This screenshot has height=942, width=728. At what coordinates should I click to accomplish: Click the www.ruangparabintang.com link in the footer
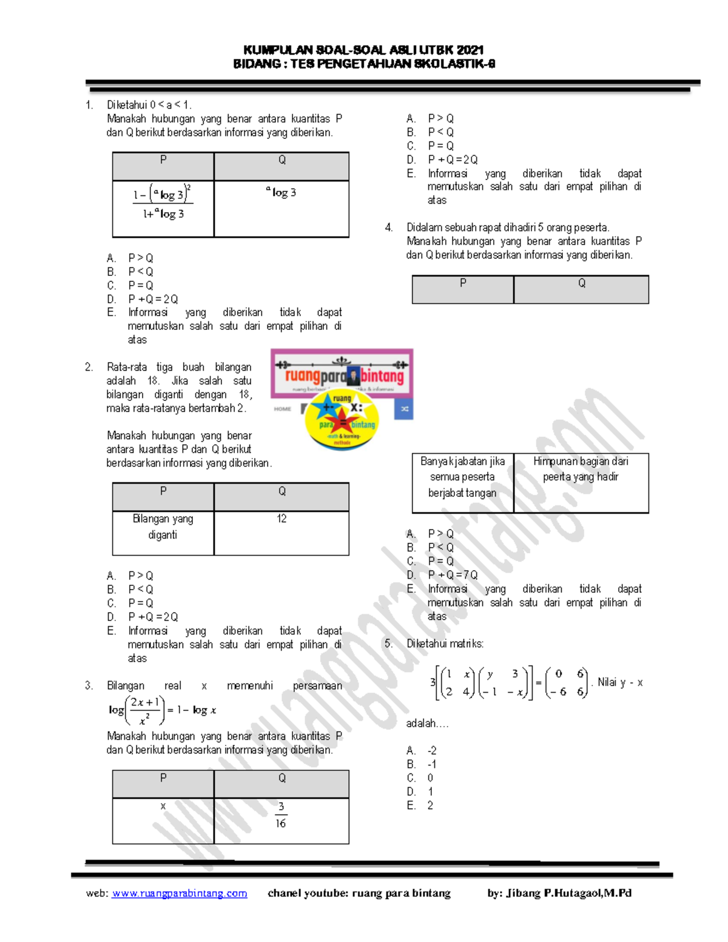click(x=179, y=893)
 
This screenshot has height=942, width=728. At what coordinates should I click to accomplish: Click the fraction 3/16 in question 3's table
click(x=281, y=815)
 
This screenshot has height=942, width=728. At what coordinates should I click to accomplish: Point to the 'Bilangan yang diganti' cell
click(x=163, y=527)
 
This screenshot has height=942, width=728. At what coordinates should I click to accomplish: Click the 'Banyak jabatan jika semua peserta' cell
click(x=462, y=477)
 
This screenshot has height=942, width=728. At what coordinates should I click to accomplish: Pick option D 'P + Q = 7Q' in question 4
click(x=453, y=575)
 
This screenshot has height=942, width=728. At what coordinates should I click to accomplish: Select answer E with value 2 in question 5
click(x=430, y=806)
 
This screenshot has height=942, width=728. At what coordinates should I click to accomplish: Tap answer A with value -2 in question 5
click(x=431, y=751)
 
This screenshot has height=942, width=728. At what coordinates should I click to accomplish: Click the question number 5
click(x=388, y=644)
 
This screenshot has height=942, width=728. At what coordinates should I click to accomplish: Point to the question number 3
click(x=89, y=685)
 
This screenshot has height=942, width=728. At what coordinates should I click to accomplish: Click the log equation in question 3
click(x=163, y=710)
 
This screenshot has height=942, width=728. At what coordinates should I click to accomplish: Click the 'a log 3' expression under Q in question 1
click(x=281, y=192)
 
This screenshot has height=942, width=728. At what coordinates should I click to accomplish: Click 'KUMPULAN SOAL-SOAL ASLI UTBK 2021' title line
click(x=363, y=50)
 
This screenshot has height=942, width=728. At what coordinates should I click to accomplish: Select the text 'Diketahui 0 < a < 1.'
click(x=149, y=105)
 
